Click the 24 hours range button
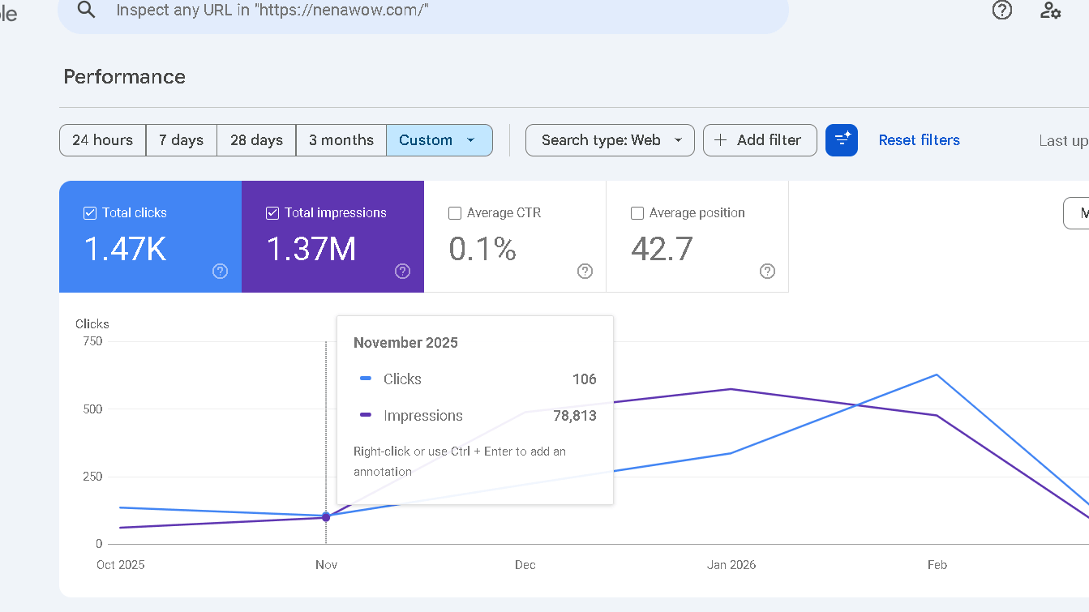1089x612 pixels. pyautogui.click(x=102, y=140)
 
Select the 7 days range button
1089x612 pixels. pyautogui.click(x=181, y=140)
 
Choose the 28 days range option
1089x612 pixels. pyautogui.click(x=256, y=140)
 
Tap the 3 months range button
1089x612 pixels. pyautogui.click(x=341, y=140)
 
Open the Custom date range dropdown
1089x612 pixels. pyautogui.click(x=439, y=140)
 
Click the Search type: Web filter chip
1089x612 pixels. pyautogui.click(x=610, y=140)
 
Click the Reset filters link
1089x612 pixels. pyautogui.click(x=919, y=140)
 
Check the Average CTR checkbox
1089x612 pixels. pyautogui.click(x=455, y=213)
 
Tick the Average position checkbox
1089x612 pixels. pyautogui.click(x=637, y=213)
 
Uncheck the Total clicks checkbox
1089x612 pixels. pyautogui.click(x=90, y=213)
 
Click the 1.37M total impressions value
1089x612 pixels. pyautogui.click(x=311, y=249)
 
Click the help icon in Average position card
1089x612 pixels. pyautogui.click(x=767, y=271)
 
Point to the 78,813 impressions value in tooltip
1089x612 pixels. pyautogui.click(x=575, y=416)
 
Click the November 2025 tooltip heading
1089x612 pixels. pyautogui.click(x=405, y=343)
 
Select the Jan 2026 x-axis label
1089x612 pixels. pyautogui.click(x=731, y=565)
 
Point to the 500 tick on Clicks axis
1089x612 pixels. pyautogui.click(x=92, y=409)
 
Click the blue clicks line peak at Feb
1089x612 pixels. pyautogui.click(x=937, y=374)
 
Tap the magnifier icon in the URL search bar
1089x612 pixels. pyautogui.click(x=86, y=10)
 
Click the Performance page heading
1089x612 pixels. pyautogui.click(x=124, y=77)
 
